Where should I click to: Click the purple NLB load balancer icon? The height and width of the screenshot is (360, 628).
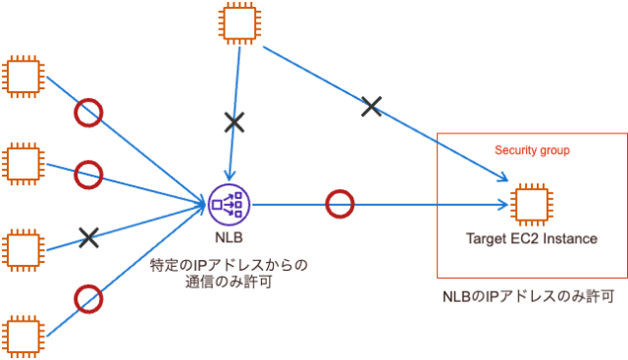point(230,204)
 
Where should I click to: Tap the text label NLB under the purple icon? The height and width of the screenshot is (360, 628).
point(230,237)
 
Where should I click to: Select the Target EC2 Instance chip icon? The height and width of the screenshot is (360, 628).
point(531,204)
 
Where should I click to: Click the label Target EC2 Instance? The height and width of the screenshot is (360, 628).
point(531,238)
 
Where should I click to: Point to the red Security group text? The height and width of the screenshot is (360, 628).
point(532,151)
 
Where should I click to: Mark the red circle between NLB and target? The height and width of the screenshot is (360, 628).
point(339,204)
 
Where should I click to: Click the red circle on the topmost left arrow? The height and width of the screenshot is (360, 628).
point(89,113)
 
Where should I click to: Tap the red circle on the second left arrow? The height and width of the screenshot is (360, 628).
point(89,174)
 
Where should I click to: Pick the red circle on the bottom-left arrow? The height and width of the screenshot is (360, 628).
point(89,296)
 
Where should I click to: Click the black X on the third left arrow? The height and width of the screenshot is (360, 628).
point(89,236)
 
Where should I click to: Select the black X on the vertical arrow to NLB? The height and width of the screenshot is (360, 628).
point(234,122)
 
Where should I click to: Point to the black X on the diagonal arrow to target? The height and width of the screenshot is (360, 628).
point(371,106)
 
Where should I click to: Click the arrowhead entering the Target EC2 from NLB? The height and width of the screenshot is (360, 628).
point(504,204)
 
